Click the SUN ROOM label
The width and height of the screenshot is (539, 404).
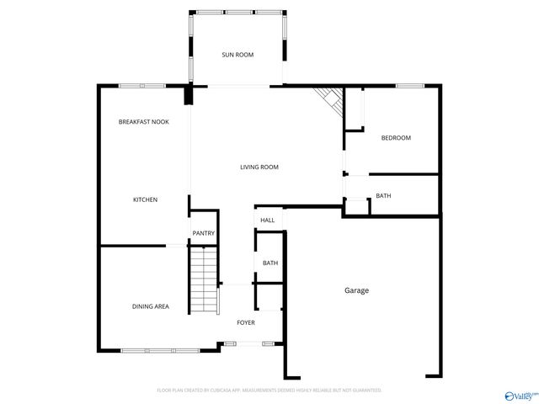[x=237, y=55]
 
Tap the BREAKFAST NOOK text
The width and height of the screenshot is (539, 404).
[x=143, y=122]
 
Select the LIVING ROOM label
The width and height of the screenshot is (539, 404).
[x=259, y=167]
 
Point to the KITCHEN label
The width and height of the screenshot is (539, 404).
[x=145, y=199]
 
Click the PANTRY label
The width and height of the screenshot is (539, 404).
[x=203, y=233]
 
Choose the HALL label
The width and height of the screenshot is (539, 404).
[x=267, y=220]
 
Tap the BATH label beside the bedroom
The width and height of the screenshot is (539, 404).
[x=383, y=196]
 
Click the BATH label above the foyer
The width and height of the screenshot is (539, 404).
[x=269, y=263]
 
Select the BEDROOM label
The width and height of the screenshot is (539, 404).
[x=396, y=138]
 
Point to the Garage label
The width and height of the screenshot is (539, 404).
[x=356, y=290]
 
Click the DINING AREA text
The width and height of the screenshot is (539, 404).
[x=150, y=306]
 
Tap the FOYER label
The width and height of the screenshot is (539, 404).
[x=246, y=322]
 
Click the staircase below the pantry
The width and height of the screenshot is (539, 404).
[x=203, y=278]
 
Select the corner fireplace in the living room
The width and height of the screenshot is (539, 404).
[x=331, y=102]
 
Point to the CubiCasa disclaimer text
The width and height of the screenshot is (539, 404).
[x=269, y=391]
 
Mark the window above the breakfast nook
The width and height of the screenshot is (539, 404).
[x=141, y=85]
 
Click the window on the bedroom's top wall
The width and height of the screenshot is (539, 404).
[x=409, y=85]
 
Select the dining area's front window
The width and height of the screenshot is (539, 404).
[x=159, y=350]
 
